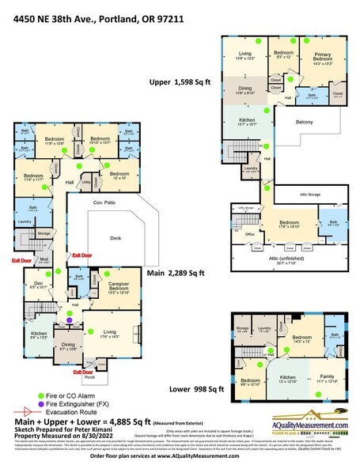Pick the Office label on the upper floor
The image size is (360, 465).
pyautogui.click(x=249, y=234)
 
